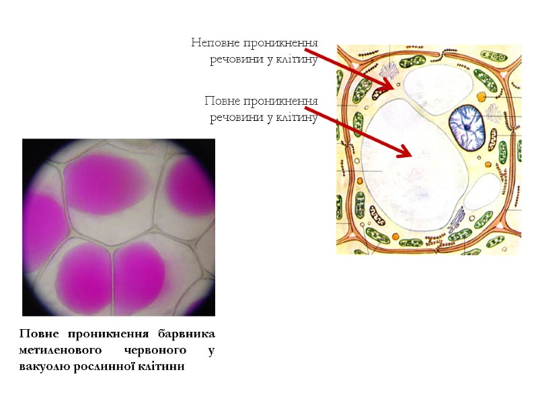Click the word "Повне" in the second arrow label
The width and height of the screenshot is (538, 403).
pos(223,101)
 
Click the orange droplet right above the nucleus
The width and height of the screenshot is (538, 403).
pos(482,97)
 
